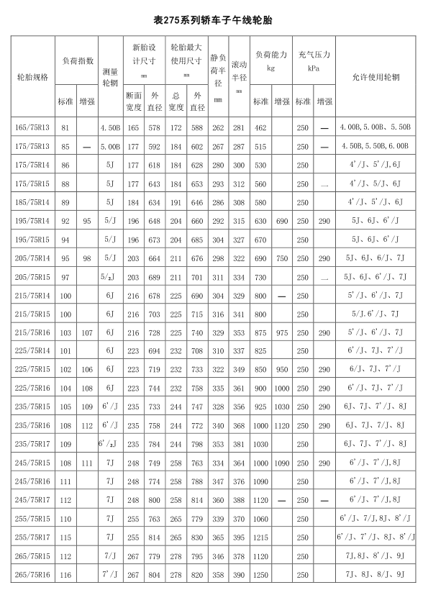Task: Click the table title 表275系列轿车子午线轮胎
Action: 214,20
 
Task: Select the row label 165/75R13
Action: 32,127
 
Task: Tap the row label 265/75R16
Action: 32,574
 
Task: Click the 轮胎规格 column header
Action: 32,76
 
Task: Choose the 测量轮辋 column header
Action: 110,76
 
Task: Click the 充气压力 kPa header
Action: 314,60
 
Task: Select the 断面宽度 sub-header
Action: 133,101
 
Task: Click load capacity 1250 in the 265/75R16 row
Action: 260,574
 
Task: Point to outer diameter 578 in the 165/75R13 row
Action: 154,127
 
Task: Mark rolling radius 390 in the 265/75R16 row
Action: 239,574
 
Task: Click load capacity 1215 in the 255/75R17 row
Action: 260,537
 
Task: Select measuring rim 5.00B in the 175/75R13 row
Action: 110,146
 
